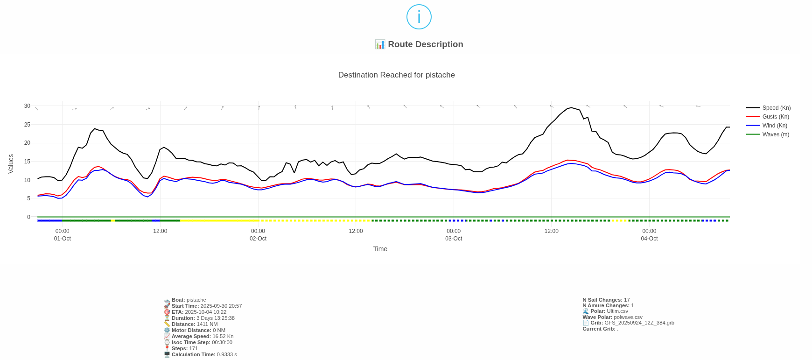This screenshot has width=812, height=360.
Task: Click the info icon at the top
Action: click(x=419, y=17)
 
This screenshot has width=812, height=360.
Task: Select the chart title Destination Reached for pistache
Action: click(x=396, y=75)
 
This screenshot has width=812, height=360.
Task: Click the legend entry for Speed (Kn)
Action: click(x=776, y=108)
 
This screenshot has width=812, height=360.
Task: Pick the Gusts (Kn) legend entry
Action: click(x=776, y=117)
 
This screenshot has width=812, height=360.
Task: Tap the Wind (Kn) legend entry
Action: click(x=775, y=126)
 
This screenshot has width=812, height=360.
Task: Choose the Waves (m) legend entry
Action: click(x=776, y=134)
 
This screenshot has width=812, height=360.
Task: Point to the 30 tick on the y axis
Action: click(x=27, y=106)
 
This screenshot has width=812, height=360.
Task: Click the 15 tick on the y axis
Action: click(x=27, y=162)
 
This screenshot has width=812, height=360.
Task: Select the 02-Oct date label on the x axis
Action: click(x=258, y=239)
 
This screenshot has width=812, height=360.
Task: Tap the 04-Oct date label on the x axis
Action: click(x=649, y=239)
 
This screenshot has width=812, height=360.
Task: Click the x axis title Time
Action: click(x=380, y=249)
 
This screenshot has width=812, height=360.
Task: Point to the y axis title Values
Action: click(x=11, y=164)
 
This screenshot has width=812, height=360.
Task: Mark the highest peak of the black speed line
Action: click(x=571, y=108)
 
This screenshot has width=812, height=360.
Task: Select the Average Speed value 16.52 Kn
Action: click(x=223, y=336)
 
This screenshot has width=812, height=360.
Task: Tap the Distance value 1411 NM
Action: click(x=207, y=324)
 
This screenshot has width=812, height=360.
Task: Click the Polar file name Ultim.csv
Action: click(x=617, y=311)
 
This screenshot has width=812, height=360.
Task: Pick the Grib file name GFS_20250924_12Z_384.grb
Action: click(x=639, y=323)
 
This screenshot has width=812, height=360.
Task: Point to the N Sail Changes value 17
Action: click(x=627, y=300)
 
